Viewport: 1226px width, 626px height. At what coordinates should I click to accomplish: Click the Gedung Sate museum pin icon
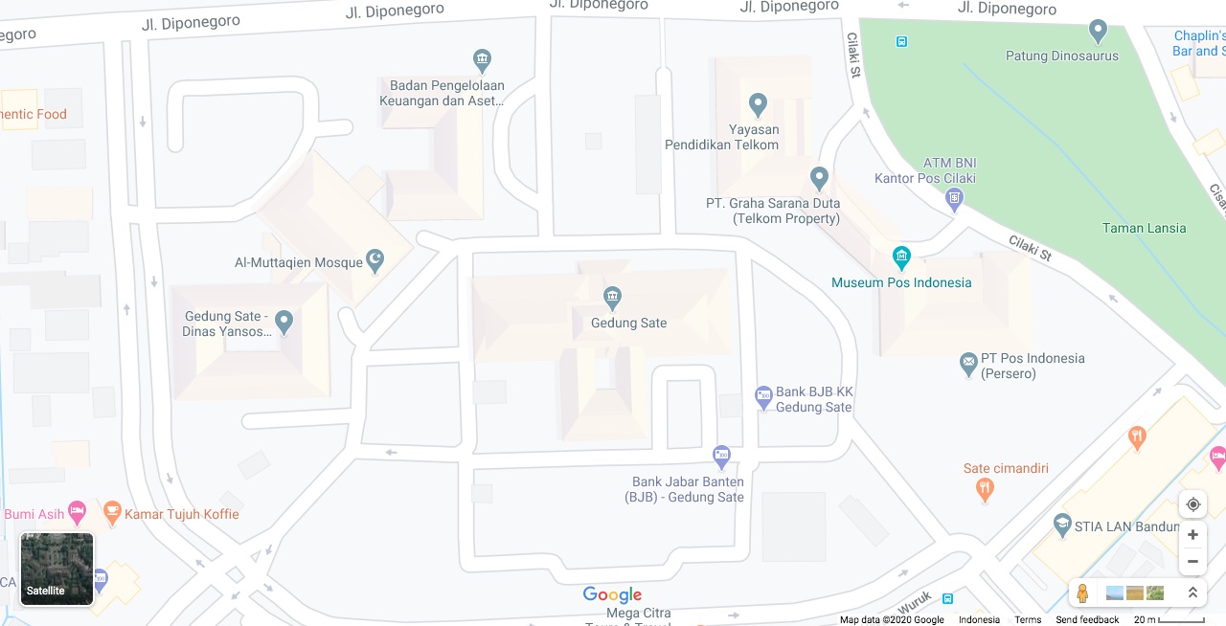click(x=612, y=297)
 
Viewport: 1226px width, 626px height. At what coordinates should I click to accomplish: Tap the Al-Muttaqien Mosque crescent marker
click(x=375, y=259)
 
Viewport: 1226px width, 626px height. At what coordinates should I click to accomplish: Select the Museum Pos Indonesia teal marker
click(x=901, y=257)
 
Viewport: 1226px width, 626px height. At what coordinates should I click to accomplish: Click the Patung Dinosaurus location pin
click(x=1099, y=32)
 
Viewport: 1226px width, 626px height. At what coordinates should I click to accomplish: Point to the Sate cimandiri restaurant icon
click(x=985, y=490)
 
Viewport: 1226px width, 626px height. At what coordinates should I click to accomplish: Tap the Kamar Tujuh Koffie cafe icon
click(x=112, y=513)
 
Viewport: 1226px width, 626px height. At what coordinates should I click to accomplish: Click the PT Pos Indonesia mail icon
click(x=968, y=364)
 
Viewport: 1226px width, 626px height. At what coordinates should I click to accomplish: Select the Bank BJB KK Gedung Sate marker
click(x=763, y=396)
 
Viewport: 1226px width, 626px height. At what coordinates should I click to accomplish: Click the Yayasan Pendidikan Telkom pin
click(x=758, y=103)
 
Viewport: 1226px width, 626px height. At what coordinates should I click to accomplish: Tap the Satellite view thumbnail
click(x=57, y=569)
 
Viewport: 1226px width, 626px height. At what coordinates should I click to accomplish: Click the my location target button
click(x=1192, y=504)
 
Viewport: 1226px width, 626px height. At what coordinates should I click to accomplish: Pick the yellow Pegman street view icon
click(x=1082, y=593)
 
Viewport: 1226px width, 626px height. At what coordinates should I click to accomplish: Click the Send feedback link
click(x=1087, y=619)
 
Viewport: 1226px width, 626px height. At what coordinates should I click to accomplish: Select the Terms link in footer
click(x=1028, y=619)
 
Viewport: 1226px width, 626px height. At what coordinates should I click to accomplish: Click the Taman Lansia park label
click(x=1144, y=228)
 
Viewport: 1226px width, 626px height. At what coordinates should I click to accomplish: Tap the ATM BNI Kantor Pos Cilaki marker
click(x=954, y=198)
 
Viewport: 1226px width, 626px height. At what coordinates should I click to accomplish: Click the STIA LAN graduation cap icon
click(x=1061, y=525)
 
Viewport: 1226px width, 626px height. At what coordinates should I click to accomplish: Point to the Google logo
click(x=612, y=595)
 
